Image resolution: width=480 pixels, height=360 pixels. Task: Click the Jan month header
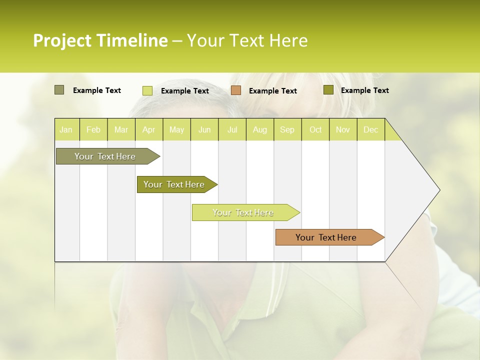pos(66,129)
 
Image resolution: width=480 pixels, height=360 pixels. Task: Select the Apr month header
pos(148,129)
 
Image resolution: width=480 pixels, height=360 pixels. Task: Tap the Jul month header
pos(232,129)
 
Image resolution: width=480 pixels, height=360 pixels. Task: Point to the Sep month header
pos(287,129)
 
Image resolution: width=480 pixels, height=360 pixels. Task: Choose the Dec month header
pos(370,129)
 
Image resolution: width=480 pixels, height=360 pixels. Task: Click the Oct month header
pos(315,129)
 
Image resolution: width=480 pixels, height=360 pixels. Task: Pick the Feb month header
pos(93,129)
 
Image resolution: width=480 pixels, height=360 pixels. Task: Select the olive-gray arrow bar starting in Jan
pos(105,156)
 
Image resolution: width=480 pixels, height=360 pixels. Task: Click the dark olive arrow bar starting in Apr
pos(174,184)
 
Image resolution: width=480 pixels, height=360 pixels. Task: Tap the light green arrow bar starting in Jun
pos(243,212)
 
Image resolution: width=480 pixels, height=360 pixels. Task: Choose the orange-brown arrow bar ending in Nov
pos(326,237)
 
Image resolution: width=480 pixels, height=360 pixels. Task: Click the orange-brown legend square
pos(236,90)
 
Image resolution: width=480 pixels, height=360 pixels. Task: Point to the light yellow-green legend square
pos(147,90)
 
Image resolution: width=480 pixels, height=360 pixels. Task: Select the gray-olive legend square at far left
pos(59,90)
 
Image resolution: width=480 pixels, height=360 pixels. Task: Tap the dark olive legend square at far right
pos(328,90)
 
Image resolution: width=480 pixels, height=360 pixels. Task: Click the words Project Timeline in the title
pos(100,40)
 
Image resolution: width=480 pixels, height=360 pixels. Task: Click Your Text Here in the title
pos(247,40)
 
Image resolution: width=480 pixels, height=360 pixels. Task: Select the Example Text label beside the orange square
pos(272,91)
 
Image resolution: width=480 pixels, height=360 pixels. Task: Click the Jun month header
pos(204,129)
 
